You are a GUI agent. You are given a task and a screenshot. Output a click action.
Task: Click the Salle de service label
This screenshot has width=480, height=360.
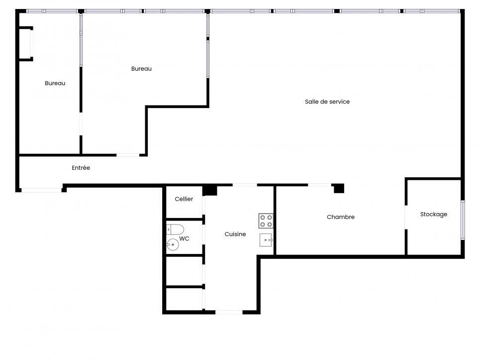(x=327, y=102)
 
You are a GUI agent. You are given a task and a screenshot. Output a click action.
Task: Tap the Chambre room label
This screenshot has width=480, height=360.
(x=341, y=217)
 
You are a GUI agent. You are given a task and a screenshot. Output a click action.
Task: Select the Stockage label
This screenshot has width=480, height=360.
(x=433, y=214)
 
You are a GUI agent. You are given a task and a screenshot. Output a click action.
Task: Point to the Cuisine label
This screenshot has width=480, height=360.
(x=235, y=234)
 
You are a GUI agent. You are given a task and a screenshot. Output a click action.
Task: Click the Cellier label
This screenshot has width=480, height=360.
(x=184, y=199)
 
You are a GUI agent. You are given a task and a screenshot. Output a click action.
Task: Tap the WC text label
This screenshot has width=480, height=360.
(x=184, y=239)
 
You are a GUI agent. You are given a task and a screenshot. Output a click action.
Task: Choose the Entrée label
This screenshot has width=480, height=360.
(x=81, y=168)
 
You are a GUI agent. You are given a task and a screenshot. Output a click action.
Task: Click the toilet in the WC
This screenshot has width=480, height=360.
(x=175, y=229)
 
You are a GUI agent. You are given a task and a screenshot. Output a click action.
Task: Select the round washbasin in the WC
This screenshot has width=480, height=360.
(x=173, y=244)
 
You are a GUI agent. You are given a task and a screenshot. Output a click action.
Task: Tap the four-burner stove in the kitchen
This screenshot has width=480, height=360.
(x=266, y=221)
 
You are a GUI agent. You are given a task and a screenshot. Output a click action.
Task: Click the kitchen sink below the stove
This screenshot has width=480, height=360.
(x=266, y=240)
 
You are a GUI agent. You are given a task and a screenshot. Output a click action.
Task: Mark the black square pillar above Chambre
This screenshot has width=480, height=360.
(x=339, y=188)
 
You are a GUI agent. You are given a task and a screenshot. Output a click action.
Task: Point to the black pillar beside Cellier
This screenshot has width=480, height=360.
(x=210, y=190)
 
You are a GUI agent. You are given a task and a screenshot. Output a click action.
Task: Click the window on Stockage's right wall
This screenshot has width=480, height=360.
(x=462, y=220)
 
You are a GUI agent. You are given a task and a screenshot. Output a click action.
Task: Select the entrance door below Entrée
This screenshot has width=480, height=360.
(x=41, y=189)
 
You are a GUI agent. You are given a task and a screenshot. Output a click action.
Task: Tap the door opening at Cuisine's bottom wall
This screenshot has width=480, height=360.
(x=229, y=312)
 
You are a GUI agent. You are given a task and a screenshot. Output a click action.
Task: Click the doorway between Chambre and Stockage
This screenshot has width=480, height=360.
(x=406, y=217)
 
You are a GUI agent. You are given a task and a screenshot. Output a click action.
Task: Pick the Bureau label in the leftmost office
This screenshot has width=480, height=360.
(x=55, y=83)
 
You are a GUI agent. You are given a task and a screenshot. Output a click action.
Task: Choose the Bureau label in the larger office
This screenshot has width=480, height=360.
(x=141, y=69)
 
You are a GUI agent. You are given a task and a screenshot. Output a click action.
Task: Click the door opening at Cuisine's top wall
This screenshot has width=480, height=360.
(x=245, y=185)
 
